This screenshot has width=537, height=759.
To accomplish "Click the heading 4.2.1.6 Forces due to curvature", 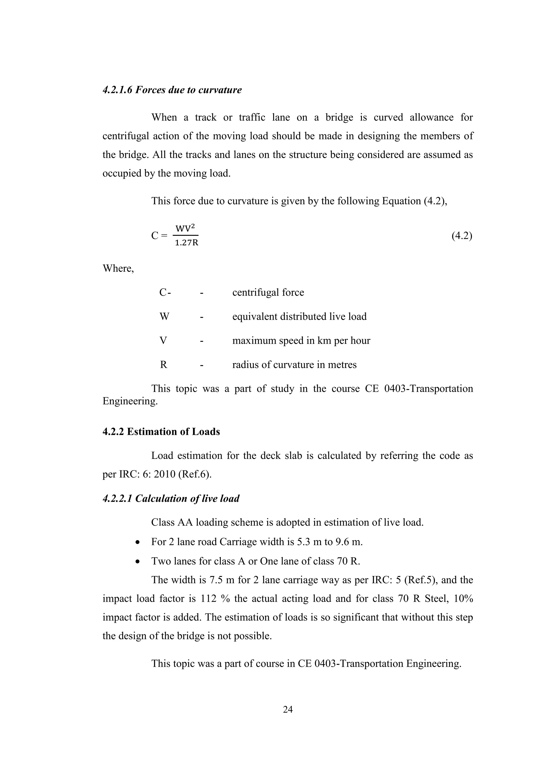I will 172,90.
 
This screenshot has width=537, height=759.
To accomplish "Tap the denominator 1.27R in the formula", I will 186,243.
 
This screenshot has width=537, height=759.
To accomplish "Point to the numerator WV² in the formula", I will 185,228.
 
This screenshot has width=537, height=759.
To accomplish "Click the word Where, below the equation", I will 118,268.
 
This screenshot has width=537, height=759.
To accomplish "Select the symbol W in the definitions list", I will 164,316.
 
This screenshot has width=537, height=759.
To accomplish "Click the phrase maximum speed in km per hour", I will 301,340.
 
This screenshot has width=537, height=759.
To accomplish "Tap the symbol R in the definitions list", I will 164,365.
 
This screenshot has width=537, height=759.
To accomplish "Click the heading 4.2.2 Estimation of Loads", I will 161,432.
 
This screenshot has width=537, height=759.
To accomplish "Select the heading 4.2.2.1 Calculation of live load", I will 171,498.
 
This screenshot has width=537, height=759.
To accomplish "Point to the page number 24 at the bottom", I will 288,709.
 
